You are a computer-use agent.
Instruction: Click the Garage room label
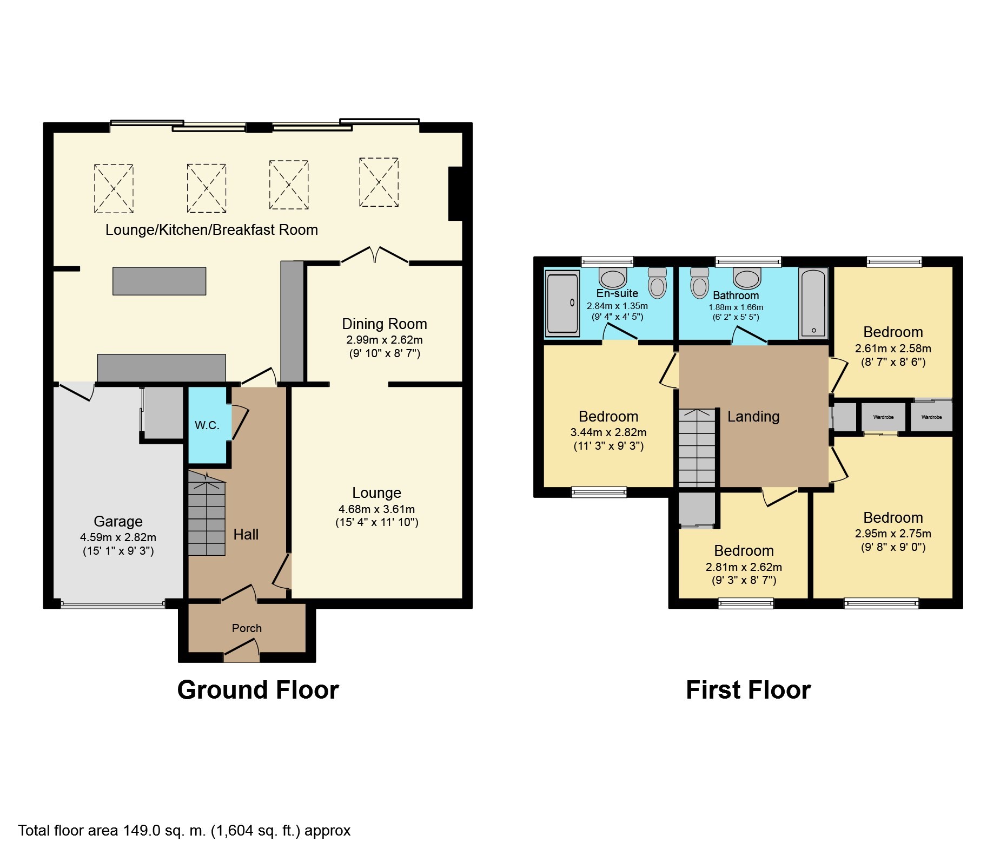[118, 522]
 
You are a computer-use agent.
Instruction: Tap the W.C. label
[207, 425]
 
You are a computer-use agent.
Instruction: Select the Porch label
[247, 628]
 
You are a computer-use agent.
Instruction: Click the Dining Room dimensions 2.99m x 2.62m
[385, 340]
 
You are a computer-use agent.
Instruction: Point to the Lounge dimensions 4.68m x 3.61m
[377, 509]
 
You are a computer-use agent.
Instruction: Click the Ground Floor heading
[258, 690]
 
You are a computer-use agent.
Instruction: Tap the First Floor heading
[749, 690]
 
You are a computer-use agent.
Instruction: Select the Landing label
[753, 417]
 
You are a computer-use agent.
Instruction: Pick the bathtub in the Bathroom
[813, 304]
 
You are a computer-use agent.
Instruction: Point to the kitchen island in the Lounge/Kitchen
[159, 281]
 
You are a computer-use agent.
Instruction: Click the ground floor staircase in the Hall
[207, 513]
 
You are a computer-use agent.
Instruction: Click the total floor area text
[184, 831]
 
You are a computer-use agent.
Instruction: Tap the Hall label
[246, 535]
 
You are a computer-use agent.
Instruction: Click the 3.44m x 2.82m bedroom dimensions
[608, 433]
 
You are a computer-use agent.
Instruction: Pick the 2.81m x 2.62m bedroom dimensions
[744, 567]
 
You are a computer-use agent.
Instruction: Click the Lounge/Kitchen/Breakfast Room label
[211, 230]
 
